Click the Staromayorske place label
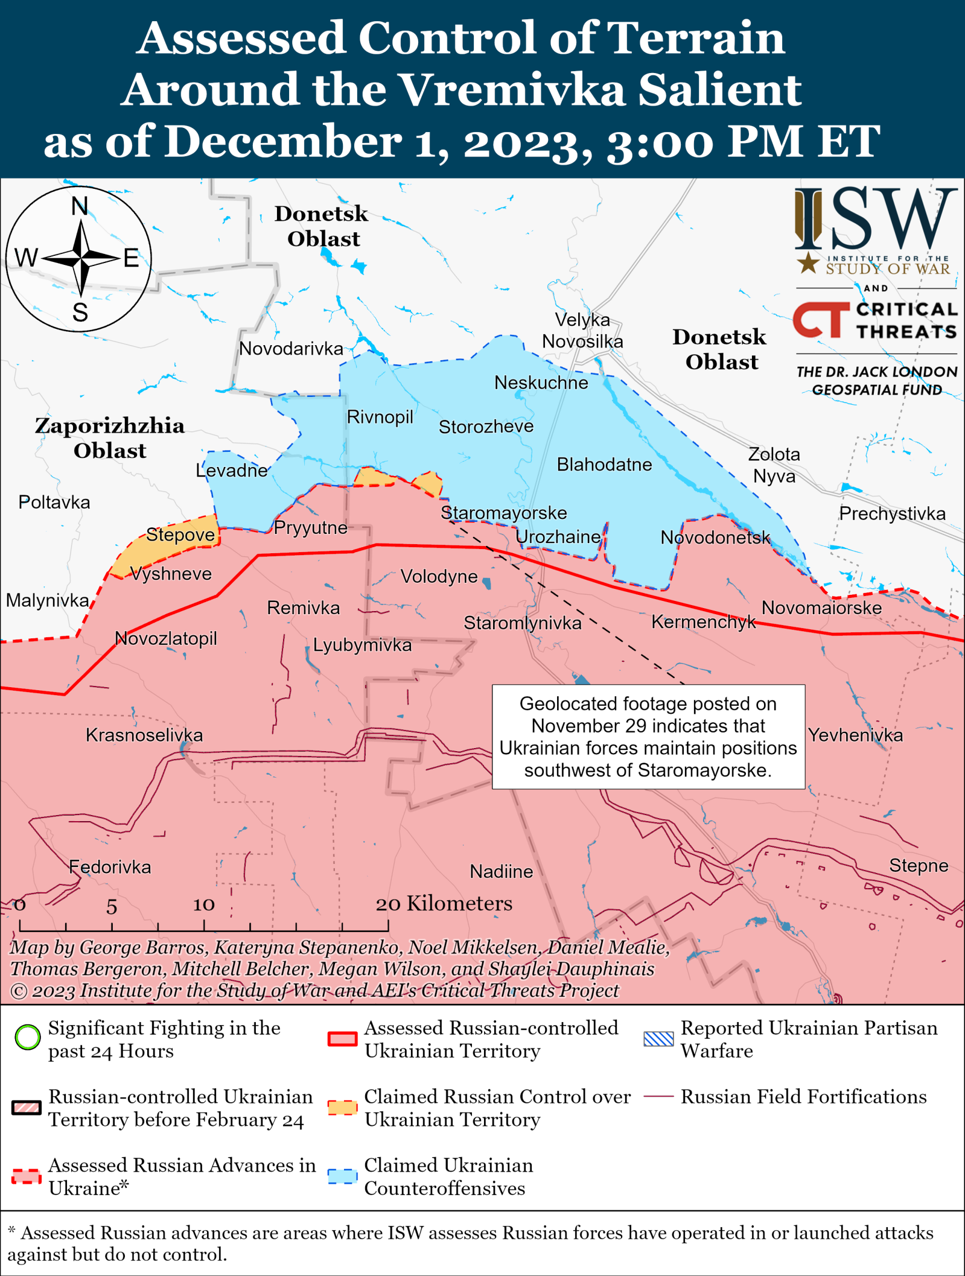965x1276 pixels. coord(503,513)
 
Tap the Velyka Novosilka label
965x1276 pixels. coord(582,331)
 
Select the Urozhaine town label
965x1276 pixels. coord(558,536)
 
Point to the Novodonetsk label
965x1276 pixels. coord(715,537)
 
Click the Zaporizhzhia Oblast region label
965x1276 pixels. coord(110,438)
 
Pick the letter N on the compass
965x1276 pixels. coord(80,207)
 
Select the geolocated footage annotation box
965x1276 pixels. coord(648,737)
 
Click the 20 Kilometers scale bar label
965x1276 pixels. coord(444,903)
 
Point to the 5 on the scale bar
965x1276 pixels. coord(112,906)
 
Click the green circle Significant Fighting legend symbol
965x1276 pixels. coord(28,1037)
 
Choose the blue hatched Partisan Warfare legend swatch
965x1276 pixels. coord(658,1038)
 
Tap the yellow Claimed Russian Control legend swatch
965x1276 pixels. coord(342,1107)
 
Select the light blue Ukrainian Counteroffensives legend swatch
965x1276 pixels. coord(342,1176)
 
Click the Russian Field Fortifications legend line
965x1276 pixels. coord(658,1096)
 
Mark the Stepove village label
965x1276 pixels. coord(180,535)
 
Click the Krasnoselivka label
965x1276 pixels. coord(144,735)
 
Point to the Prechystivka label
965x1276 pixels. coord(892,513)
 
